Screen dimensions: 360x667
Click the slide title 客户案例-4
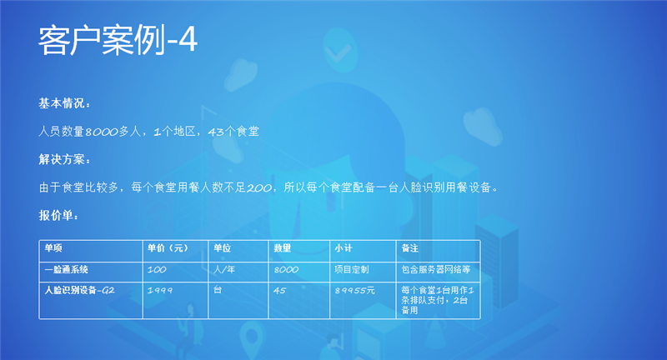[118, 40]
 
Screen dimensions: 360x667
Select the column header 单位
[222, 248]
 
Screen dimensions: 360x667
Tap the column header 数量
[282, 248]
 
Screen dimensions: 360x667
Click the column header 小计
[343, 248]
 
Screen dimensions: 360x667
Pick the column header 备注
[409, 248]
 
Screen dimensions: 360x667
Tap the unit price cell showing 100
[156, 269]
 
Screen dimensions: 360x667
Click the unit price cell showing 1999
[160, 290]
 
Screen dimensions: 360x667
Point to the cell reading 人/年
[225, 269]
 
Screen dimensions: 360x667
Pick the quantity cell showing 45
[279, 290]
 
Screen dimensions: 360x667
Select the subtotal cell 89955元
[354, 290]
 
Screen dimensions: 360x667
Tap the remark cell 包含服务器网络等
[436, 269]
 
